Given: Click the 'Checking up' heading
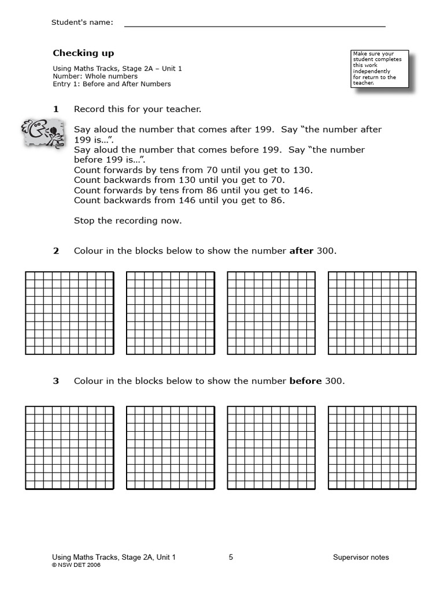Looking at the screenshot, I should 83,53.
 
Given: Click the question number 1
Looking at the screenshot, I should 56,109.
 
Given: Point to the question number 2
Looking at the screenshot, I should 56,251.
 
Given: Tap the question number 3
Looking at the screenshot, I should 56,381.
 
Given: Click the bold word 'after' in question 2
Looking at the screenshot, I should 301,251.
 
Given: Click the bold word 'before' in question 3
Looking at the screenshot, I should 305,381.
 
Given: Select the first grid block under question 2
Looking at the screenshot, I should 69,313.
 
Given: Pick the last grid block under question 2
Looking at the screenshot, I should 372,313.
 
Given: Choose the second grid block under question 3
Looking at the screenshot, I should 171,447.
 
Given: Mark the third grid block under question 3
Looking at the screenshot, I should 271,447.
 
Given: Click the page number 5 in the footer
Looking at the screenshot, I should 231,558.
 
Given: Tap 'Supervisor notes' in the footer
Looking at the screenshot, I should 361,558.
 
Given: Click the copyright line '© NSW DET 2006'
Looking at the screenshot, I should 76,566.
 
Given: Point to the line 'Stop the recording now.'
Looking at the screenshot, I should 128,220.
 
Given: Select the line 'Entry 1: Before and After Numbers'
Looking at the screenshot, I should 112,84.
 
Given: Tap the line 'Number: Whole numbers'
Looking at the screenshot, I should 95,76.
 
